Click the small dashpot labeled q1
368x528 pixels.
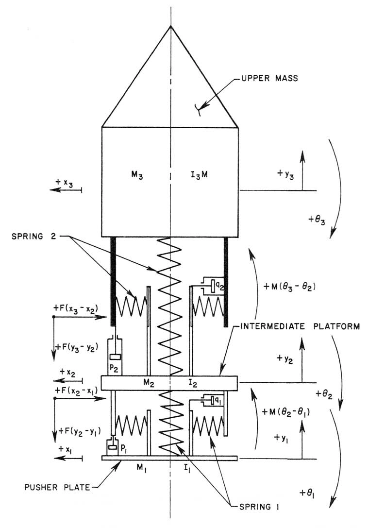[213, 401]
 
